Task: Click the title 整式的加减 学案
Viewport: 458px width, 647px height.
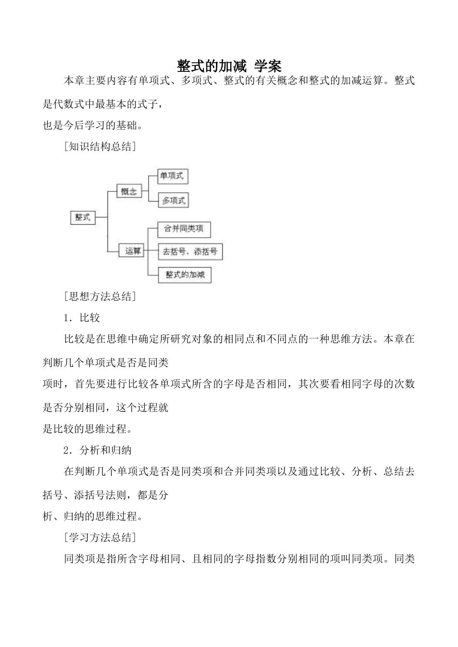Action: point(229,66)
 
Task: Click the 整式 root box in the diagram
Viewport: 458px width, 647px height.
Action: point(82,217)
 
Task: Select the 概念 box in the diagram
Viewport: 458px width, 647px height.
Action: point(129,191)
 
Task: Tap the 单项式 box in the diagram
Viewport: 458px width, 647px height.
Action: point(172,176)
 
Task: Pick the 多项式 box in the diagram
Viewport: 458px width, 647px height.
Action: point(173,201)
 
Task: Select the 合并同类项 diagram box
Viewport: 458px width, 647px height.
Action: point(184,229)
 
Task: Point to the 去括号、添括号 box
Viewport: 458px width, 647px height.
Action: point(190,252)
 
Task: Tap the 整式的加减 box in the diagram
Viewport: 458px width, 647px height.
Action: point(185,275)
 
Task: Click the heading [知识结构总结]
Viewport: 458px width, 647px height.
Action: point(99,147)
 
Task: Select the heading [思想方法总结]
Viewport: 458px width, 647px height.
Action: point(99,296)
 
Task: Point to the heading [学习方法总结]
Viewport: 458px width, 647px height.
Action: point(99,537)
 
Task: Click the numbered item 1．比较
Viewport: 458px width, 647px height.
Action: point(82,318)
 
